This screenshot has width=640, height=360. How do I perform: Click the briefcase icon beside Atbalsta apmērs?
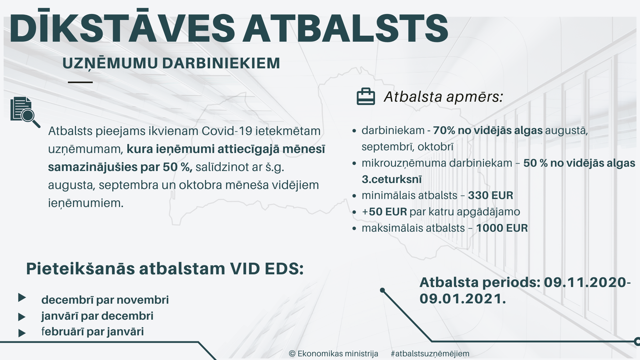(366, 97)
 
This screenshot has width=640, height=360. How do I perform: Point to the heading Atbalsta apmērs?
(443, 97)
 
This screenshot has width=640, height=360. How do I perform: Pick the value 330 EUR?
(490, 195)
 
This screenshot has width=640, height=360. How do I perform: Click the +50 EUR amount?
(384, 212)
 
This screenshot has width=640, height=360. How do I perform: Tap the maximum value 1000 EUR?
(502, 228)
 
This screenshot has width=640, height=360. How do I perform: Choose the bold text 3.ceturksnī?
(392, 179)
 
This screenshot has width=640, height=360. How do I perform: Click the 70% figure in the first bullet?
(444, 130)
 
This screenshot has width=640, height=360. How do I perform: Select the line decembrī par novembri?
(105, 300)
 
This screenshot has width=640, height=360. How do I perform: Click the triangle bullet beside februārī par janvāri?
(22, 333)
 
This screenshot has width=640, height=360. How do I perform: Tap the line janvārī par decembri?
(97, 316)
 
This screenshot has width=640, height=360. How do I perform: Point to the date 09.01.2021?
(463, 299)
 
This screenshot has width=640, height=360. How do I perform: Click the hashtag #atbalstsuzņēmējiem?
(430, 354)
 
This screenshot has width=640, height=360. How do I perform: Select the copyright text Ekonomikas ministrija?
(338, 354)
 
